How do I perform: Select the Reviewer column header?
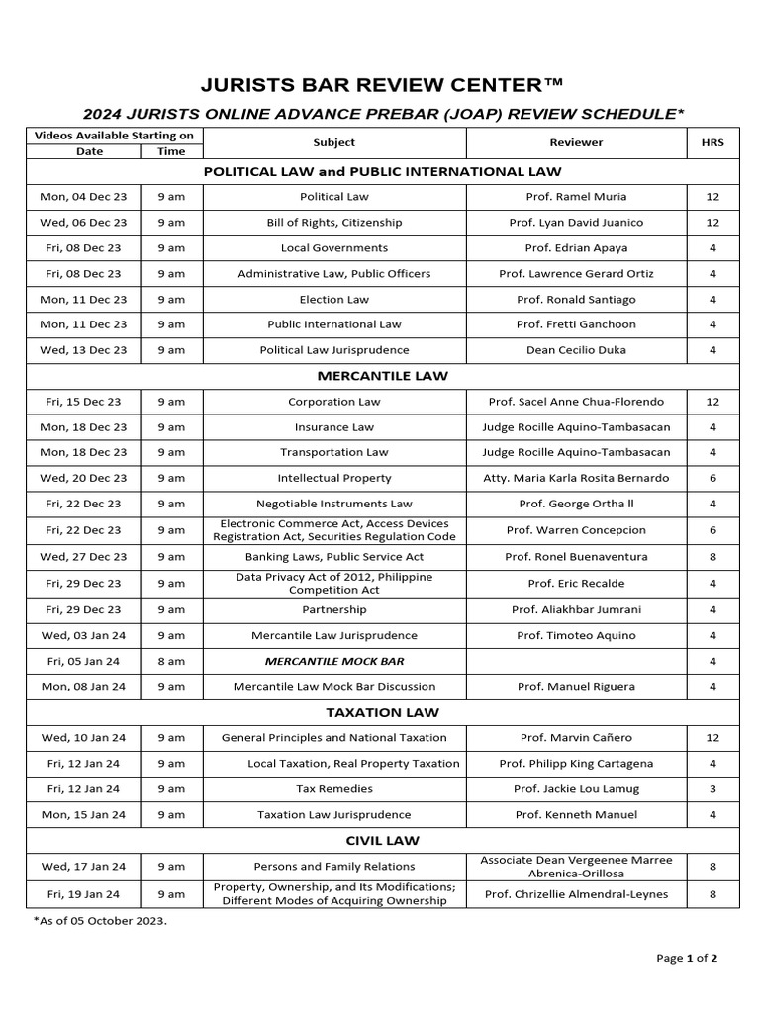(576, 142)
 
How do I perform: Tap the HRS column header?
(712, 142)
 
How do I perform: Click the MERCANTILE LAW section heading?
(382, 376)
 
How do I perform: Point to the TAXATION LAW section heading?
(382, 712)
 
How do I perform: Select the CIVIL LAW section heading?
(382, 840)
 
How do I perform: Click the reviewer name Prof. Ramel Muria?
(576, 197)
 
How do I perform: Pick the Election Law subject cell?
(333, 299)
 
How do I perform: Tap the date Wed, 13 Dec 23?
(83, 350)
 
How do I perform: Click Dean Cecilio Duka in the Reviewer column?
(576, 350)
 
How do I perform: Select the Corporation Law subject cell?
(333, 402)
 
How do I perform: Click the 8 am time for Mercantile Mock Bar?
(171, 661)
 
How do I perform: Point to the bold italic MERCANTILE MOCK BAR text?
(333, 661)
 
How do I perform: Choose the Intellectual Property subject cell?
(333, 478)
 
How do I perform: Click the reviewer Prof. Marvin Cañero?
(576, 737)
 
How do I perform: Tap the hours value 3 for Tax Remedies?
(712, 788)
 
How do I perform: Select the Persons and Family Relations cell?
(333, 867)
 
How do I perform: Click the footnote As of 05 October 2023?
(100, 921)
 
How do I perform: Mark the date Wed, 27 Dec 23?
(83, 557)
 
